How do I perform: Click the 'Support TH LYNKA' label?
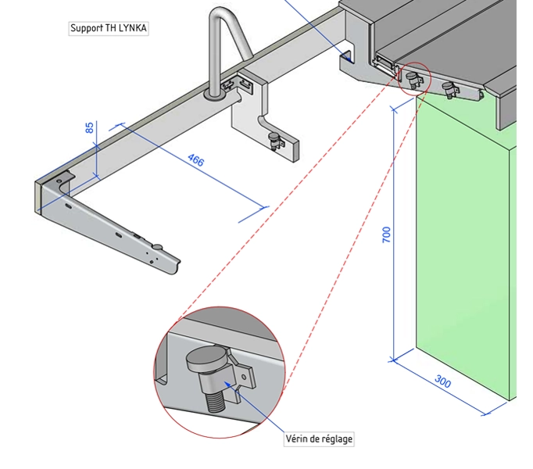[109, 29]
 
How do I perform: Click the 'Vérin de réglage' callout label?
[319, 439]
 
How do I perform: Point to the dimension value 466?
[195, 162]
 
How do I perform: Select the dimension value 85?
[90, 127]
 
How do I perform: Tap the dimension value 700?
[386, 234]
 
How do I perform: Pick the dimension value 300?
[442, 382]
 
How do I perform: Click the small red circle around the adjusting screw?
[414, 77]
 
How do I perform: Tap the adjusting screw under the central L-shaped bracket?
[274, 141]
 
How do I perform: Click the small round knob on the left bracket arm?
[158, 248]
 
